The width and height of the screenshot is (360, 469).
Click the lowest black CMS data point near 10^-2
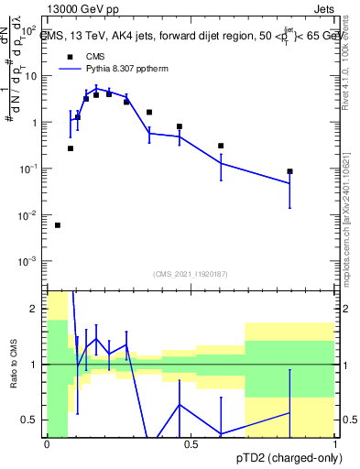pos(58,225)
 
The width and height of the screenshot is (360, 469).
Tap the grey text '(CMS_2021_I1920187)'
pos(190,273)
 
